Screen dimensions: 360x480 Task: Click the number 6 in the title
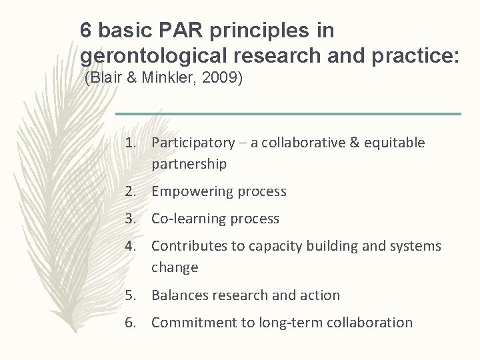coord(85,30)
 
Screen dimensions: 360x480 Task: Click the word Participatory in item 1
coord(193,143)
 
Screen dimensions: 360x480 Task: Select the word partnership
coord(189,163)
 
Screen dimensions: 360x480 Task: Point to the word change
coord(175,267)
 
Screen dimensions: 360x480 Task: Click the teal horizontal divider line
coord(287,114)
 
